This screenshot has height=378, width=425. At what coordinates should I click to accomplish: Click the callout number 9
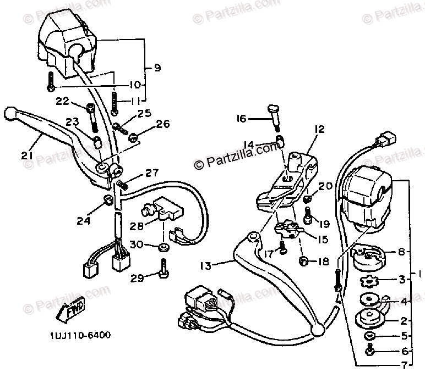pyautogui.click(x=157, y=68)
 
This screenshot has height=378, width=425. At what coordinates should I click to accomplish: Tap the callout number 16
pyautogui.click(x=241, y=118)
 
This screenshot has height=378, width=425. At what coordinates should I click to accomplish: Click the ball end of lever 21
pyautogui.click(x=8, y=113)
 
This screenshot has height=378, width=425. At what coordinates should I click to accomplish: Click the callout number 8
pyautogui.click(x=401, y=252)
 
